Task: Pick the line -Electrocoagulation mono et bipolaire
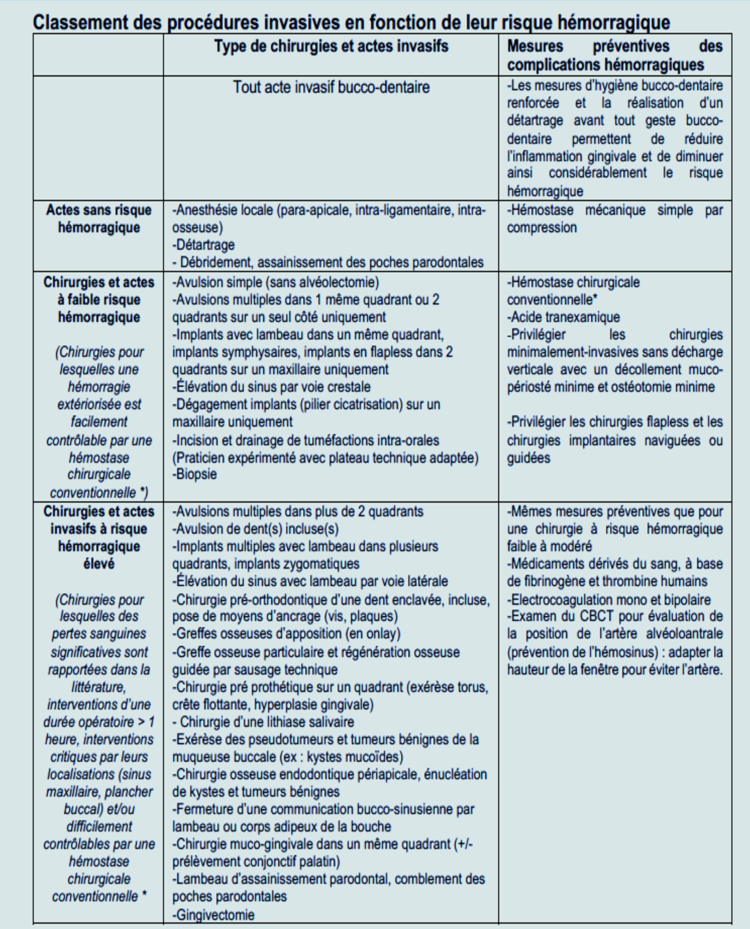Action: (609, 600)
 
